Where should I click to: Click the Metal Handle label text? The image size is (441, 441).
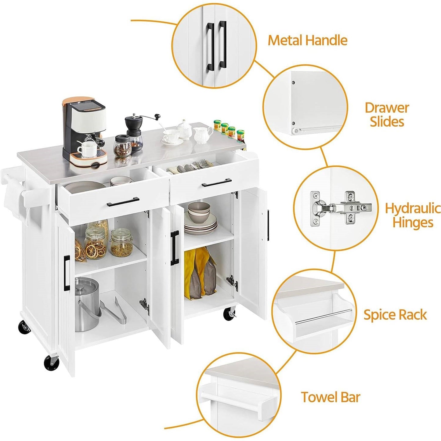[x=307, y=40]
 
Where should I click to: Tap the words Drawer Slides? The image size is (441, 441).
[x=387, y=114]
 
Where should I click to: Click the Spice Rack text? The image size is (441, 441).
[x=395, y=315]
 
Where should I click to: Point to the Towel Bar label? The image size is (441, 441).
[x=331, y=397]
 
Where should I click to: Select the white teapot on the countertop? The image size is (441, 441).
[x=184, y=129]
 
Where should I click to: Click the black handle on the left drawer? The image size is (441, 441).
[x=123, y=202]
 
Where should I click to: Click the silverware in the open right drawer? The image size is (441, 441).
[x=191, y=167]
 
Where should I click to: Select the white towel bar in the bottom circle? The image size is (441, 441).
[x=235, y=399]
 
